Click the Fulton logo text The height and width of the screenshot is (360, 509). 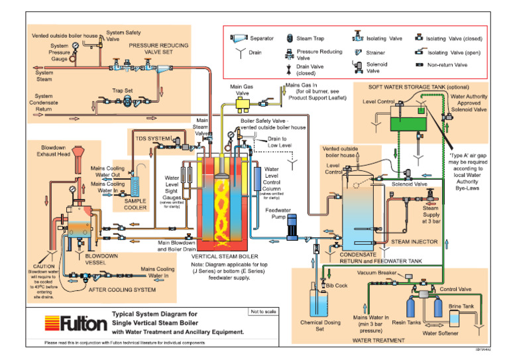(84, 324)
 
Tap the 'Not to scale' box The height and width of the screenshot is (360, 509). (262, 312)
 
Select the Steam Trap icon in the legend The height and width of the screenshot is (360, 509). (290, 39)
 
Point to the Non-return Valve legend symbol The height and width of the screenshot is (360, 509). (419, 65)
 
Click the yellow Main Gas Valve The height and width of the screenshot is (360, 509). (246, 102)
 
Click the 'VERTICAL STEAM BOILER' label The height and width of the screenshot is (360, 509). (225, 255)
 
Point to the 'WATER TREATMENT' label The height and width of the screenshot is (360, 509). (378, 340)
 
